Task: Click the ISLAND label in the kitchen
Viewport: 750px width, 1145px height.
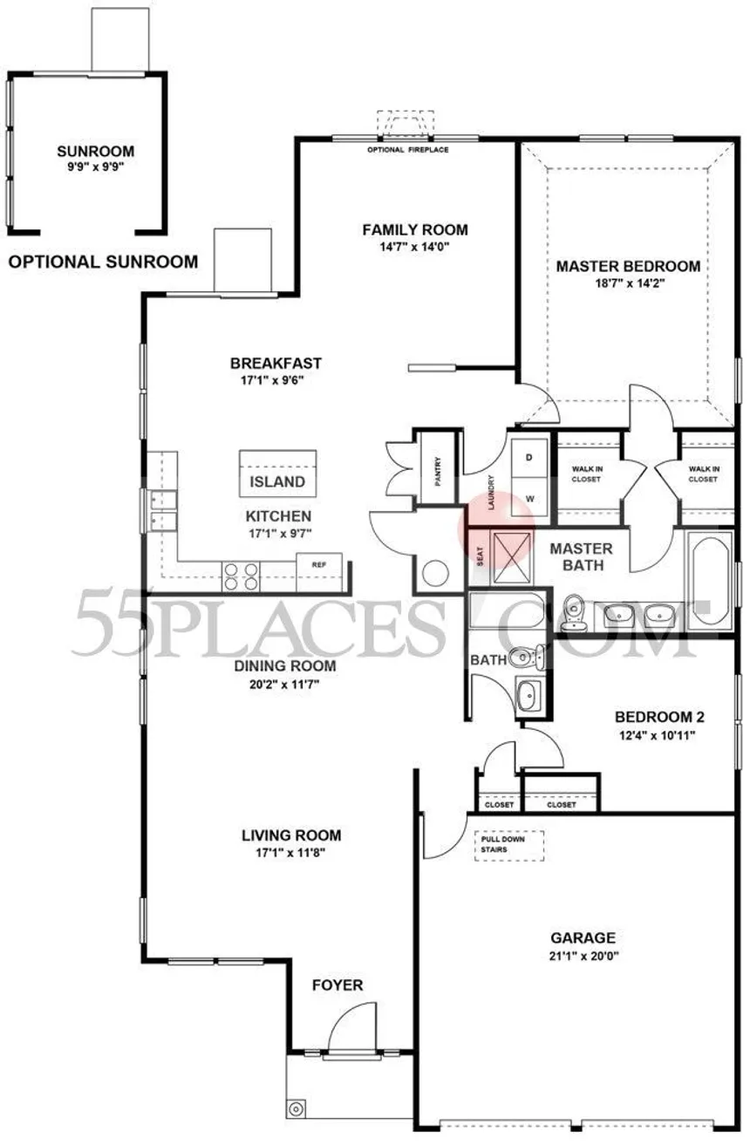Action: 277,481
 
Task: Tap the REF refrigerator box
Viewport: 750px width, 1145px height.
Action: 319,572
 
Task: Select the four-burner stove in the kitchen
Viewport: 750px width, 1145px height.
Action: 241,576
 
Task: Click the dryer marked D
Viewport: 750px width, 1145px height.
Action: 529,457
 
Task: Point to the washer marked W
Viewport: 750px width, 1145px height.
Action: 529,497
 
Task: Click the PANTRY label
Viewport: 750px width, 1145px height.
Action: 438,471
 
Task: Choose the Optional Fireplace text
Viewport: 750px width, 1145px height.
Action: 408,150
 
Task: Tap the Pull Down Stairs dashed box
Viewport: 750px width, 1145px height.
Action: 508,846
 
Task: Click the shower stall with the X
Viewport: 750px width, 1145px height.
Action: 511,557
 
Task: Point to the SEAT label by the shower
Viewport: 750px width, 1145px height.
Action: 480,556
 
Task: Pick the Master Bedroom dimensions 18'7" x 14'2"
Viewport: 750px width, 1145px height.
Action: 630,283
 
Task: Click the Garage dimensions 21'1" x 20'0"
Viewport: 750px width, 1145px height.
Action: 583,957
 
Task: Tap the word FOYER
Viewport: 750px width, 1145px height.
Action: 337,985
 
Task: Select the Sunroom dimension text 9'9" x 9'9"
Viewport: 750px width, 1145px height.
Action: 96,167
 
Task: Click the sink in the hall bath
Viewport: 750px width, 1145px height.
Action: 529,695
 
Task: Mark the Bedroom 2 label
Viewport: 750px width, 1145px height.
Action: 659,717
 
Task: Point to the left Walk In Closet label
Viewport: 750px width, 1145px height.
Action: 587,474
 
